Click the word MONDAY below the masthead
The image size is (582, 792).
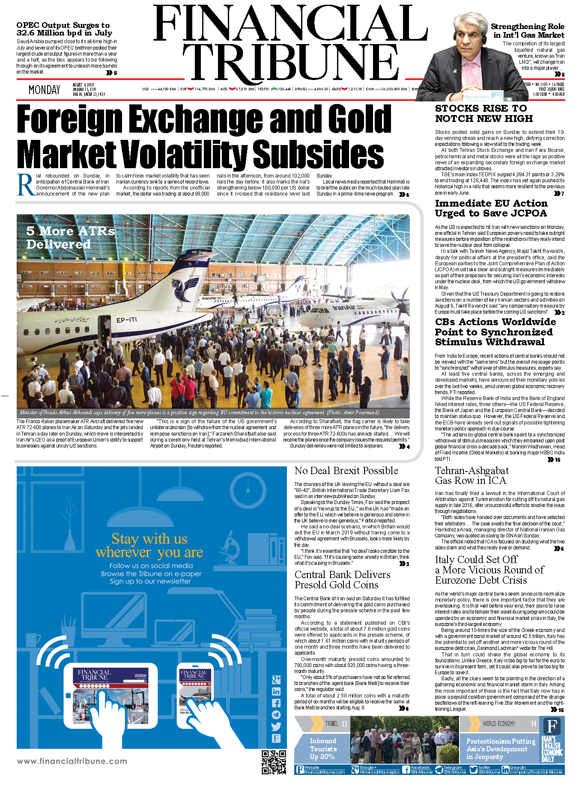44,90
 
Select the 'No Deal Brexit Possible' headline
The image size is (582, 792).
346,471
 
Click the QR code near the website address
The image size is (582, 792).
274,762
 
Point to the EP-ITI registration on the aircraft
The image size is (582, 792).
126,320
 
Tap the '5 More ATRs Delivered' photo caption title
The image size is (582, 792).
70,237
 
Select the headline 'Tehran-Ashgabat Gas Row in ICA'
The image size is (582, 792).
472,475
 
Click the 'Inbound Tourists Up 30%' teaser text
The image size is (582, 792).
323,748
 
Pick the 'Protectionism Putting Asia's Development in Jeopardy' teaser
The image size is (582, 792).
501,748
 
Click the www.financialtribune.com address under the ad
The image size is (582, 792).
72,761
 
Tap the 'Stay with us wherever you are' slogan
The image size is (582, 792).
149,545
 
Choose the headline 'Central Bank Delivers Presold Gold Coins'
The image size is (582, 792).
342,579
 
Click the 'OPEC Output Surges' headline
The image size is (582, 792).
63,29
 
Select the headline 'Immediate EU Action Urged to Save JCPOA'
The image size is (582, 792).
491,208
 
